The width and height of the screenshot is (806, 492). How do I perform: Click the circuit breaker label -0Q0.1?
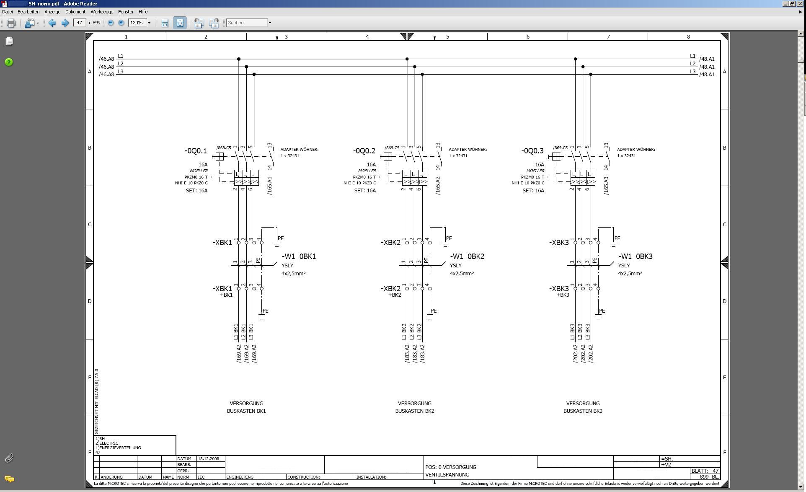click(x=196, y=151)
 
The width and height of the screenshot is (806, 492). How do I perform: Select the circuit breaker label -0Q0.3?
click(x=532, y=151)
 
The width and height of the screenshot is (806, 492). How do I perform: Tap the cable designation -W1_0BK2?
click(x=467, y=256)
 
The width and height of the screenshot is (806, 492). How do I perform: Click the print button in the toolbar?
click(x=11, y=23)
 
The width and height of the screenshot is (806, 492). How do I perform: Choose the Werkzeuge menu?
click(x=102, y=12)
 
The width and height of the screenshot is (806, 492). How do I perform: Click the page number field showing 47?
click(x=79, y=23)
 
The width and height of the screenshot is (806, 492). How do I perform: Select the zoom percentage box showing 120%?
click(x=137, y=23)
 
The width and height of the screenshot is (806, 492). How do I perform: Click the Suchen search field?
click(x=247, y=23)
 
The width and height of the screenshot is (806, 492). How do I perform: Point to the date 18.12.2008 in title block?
click(x=209, y=459)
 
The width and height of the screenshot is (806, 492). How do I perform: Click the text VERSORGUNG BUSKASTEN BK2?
click(x=415, y=407)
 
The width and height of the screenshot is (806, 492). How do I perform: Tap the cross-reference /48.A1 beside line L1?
click(x=707, y=59)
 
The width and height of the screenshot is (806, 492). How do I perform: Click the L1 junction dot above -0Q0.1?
click(x=239, y=59)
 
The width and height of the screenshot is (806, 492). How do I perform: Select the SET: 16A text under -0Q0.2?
click(x=365, y=191)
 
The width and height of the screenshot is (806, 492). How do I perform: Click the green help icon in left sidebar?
click(x=9, y=62)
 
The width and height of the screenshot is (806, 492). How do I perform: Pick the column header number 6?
click(x=528, y=37)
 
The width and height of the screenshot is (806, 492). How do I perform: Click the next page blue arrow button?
click(x=65, y=23)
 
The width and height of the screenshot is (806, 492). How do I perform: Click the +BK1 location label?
click(x=226, y=295)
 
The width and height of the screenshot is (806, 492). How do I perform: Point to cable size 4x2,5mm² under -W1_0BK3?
click(x=630, y=274)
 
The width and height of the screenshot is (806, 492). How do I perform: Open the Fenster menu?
click(x=126, y=12)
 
